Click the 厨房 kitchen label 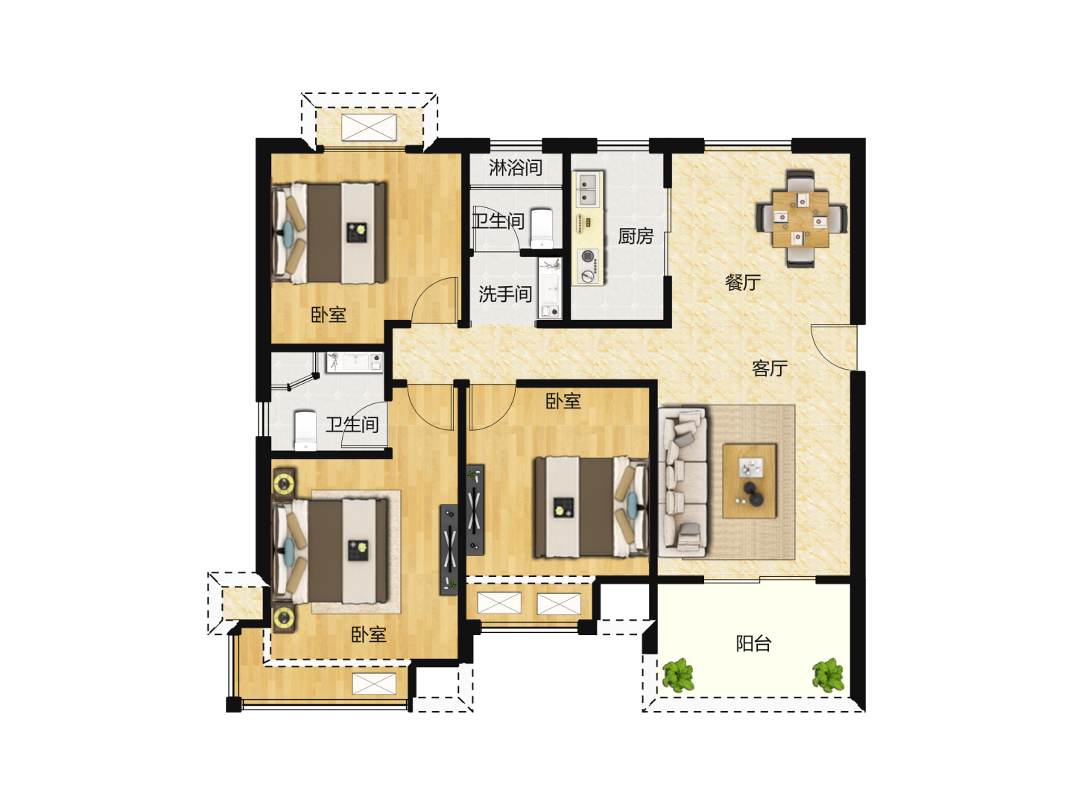635,236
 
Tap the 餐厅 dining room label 743,282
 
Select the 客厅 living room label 770,368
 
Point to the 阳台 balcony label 753,643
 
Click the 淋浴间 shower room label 516,168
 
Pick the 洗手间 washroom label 505,294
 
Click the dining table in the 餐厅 801,219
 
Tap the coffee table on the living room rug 750,481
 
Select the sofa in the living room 683,482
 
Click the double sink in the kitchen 588,189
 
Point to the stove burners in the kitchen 588,266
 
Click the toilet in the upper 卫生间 542,230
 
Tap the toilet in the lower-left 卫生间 306,430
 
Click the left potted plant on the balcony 678,675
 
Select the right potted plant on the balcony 828,675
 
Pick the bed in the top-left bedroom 329,233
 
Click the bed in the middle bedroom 592,507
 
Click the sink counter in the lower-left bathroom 355,362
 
